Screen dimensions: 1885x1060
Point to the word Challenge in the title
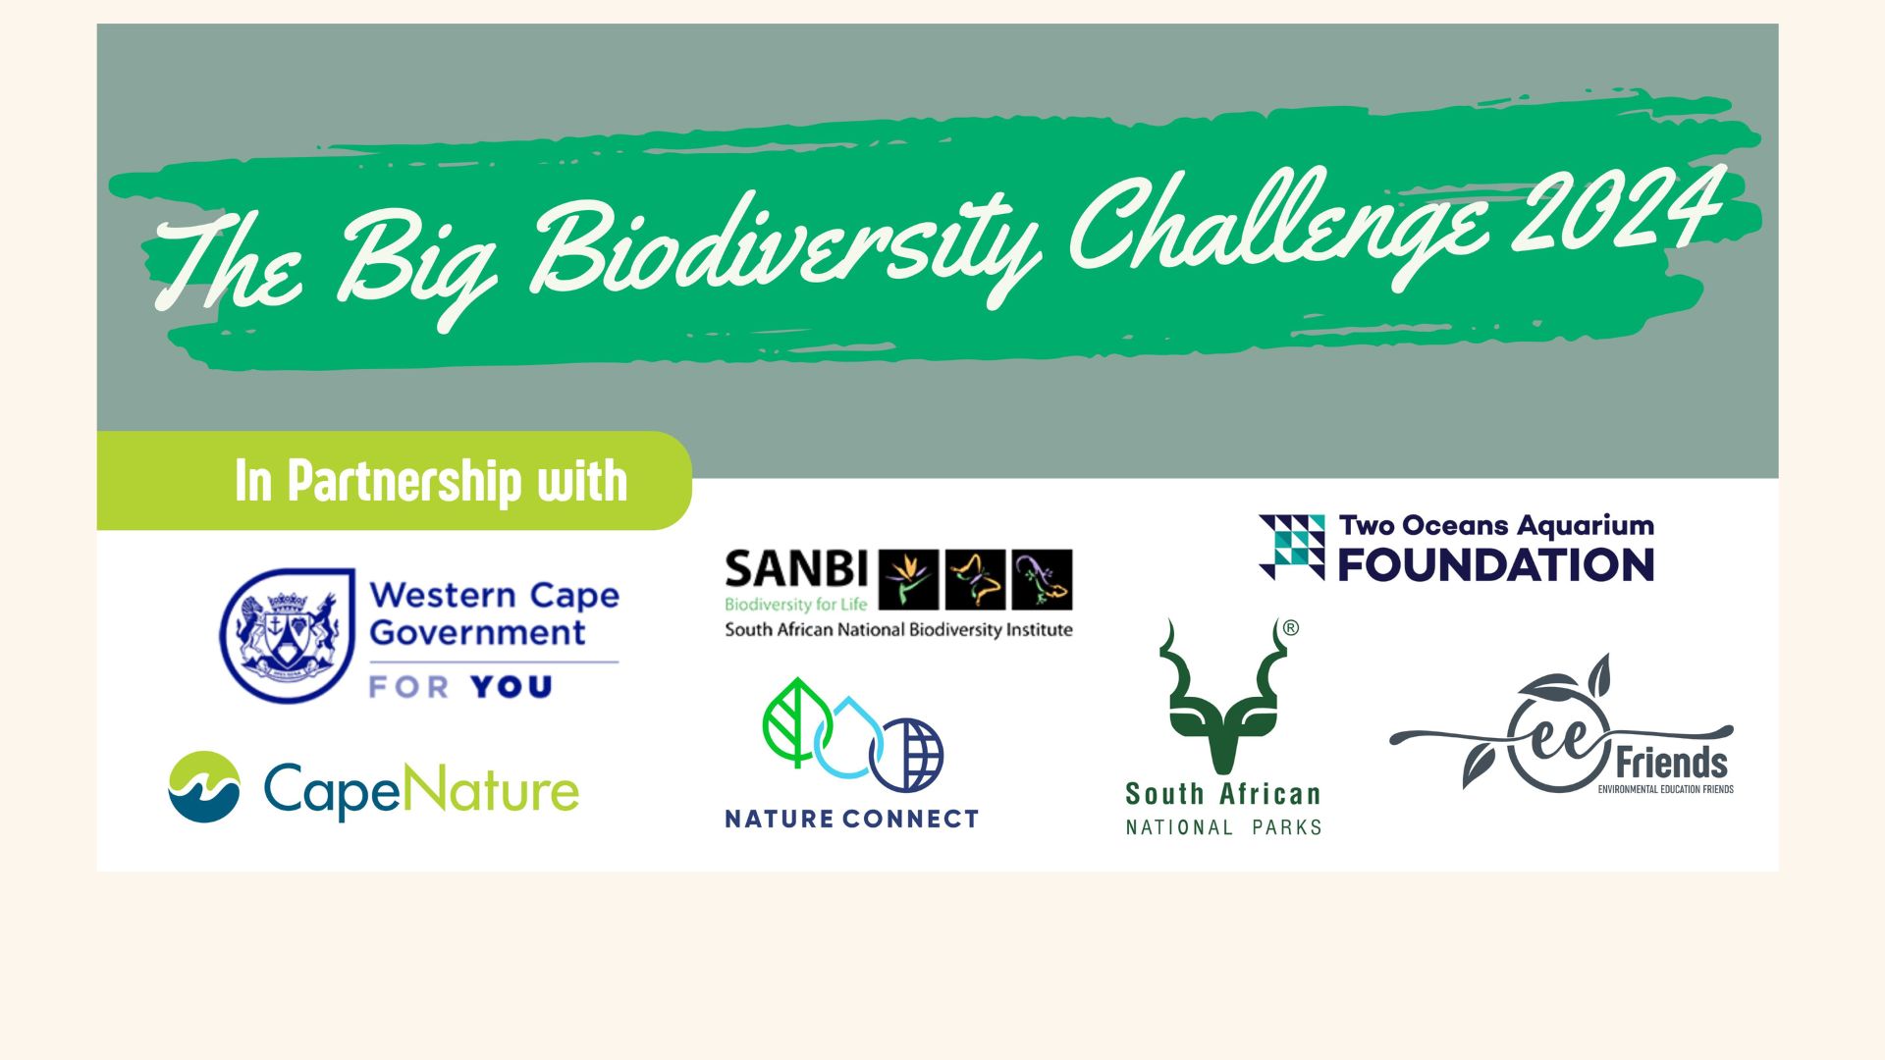click(1280, 228)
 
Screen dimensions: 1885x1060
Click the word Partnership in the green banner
click(404, 482)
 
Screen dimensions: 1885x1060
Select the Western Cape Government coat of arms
click(287, 635)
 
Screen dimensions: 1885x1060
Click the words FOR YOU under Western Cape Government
click(460, 686)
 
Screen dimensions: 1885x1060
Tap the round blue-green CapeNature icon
click(204, 786)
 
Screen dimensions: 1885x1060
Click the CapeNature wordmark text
click(421, 791)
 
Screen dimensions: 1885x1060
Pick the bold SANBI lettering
click(796, 569)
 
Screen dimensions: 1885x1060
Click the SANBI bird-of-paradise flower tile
click(908, 579)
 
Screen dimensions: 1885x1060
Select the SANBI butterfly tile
click(975, 579)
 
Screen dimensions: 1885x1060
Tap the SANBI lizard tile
click(1042, 579)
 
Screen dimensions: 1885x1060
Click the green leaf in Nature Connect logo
click(797, 721)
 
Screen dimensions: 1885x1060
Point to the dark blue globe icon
click(906, 755)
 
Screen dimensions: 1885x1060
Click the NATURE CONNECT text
click(852, 819)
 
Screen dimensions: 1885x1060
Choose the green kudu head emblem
click(1223, 695)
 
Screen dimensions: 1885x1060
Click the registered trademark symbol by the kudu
click(1291, 628)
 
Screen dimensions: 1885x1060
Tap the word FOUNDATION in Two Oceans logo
click(1496, 565)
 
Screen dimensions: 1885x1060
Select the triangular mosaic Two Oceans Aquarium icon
click(1292, 547)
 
